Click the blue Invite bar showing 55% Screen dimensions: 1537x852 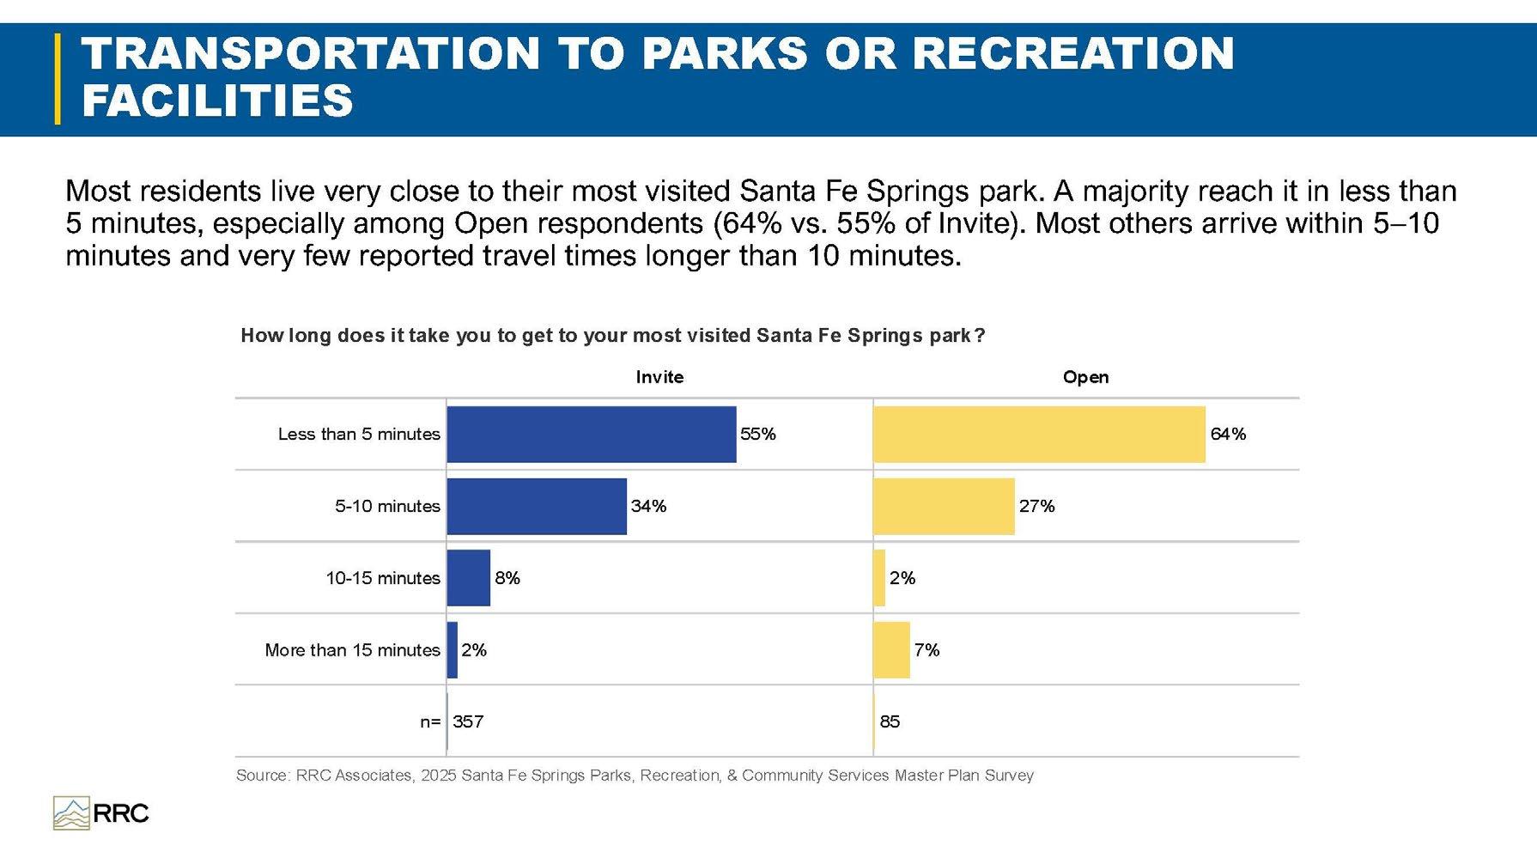point(592,435)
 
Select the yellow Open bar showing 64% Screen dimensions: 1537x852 point(1039,435)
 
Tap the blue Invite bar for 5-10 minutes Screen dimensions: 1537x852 point(537,507)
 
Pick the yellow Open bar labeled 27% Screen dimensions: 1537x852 point(944,507)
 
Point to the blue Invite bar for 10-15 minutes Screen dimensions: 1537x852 point(469,578)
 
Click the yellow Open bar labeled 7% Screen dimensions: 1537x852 point(891,650)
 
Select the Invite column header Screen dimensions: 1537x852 point(659,377)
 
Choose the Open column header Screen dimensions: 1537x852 point(1085,377)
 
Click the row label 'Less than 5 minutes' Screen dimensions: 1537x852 point(359,435)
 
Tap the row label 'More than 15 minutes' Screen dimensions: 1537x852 point(352,650)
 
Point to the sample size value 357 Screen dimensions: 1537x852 point(468,721)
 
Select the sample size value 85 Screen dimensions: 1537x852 point(890,721)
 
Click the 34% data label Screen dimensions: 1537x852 point(648,507)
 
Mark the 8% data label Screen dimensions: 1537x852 point(507,578)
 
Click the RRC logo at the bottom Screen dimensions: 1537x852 point(101,812)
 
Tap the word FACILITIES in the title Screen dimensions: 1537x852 point(217,100)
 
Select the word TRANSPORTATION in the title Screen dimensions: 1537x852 point(310,53)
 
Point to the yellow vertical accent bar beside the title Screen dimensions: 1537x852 point(58,79)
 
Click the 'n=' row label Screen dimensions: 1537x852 point(430,722)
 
